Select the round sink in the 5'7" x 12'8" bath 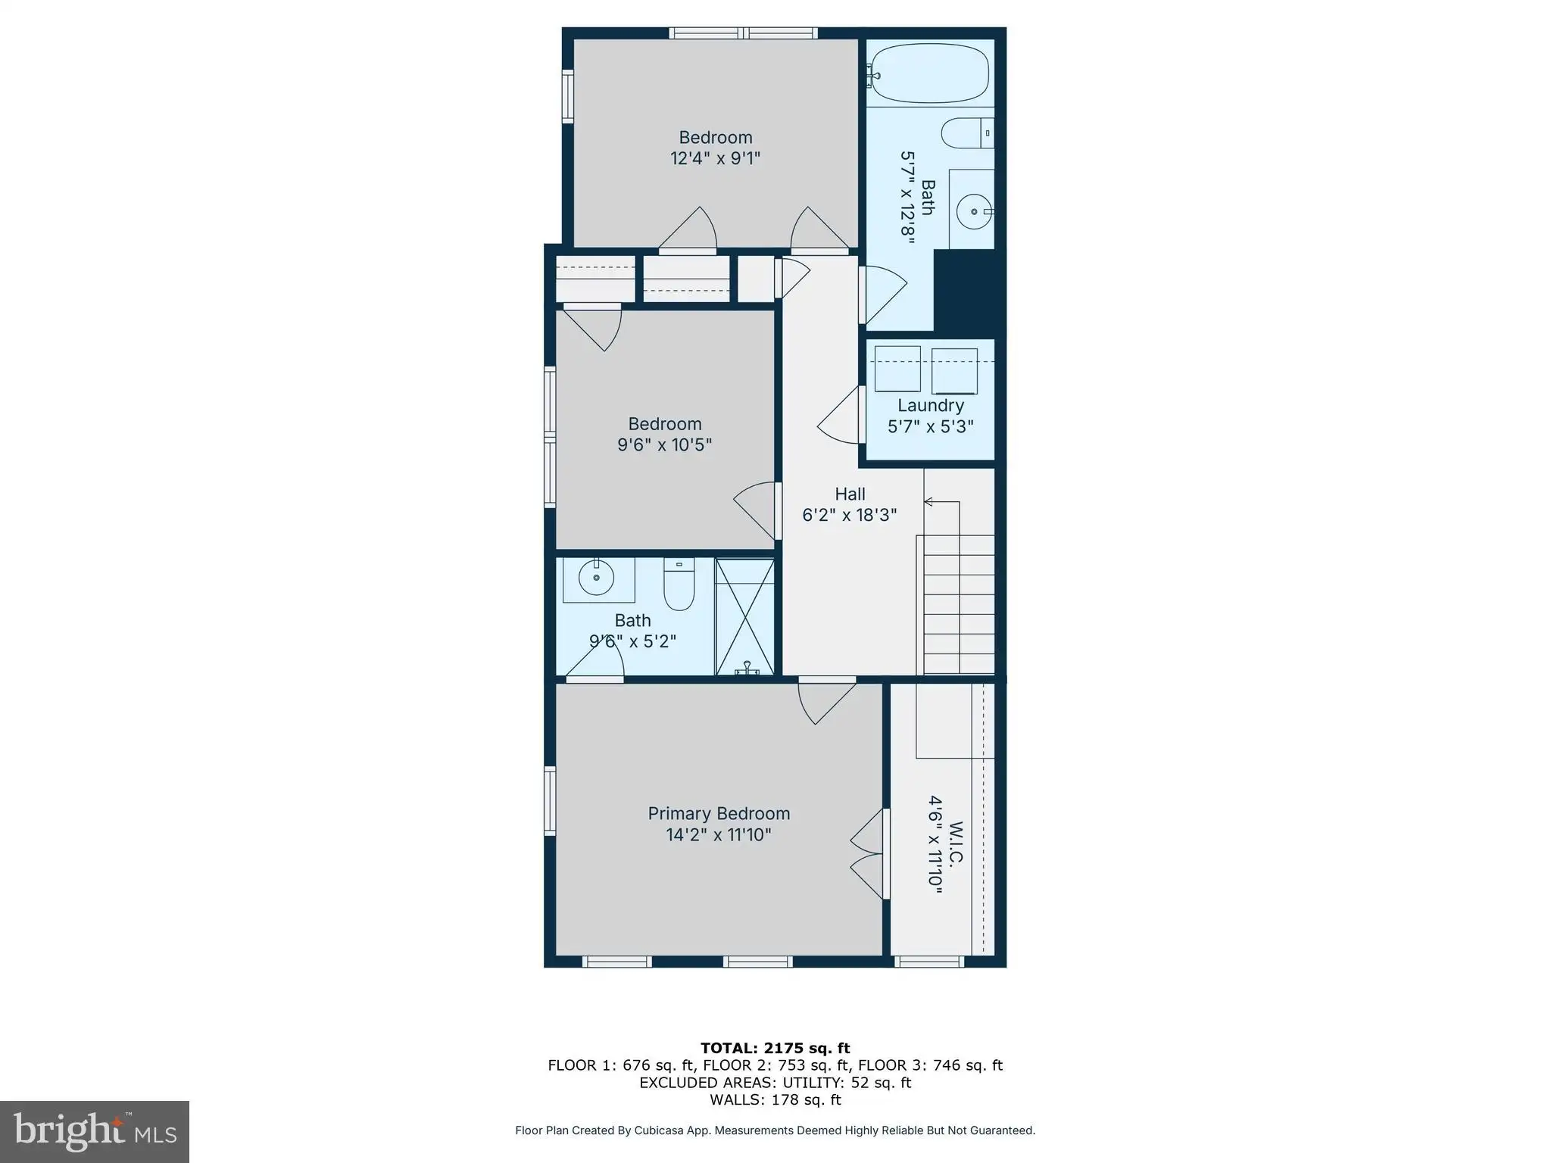(x=973, y=211)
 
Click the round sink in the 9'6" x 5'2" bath (x=597, y=579)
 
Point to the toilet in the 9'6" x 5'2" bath (x=679, y=584)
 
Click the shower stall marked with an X (x=745, y=617)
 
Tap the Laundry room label (x=931, y=405)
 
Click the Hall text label (x=850, y=494)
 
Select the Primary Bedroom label (x=719, y=813)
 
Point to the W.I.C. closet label (x=957, y=843)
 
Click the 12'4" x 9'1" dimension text (x=715, y=158)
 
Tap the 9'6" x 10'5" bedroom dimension (x=664, y=444)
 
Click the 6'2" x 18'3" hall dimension (x=850, y=515)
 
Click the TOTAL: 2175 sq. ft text (x=775, y=1048)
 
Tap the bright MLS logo (x=95, y=1131)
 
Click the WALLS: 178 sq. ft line (x=775, y=1099)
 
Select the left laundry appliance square (x=897, y=369)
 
